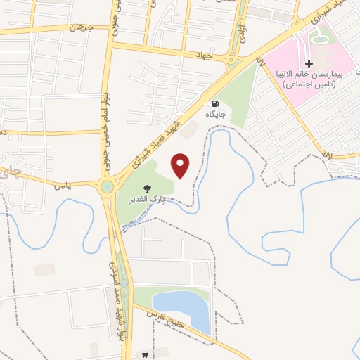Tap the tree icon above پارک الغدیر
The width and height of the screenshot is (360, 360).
click(x=148, y=188)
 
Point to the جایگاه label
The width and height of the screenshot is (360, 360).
click(x=214, y=113)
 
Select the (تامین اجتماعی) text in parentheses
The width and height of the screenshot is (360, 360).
click(x=309, y=84)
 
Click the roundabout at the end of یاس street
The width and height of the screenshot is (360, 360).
click(x=107, y=187)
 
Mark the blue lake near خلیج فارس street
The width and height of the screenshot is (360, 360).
click(x=184, y=309)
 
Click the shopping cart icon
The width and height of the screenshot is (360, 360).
click(x=146, y=354)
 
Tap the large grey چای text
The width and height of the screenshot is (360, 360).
click(x=20, y=169)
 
